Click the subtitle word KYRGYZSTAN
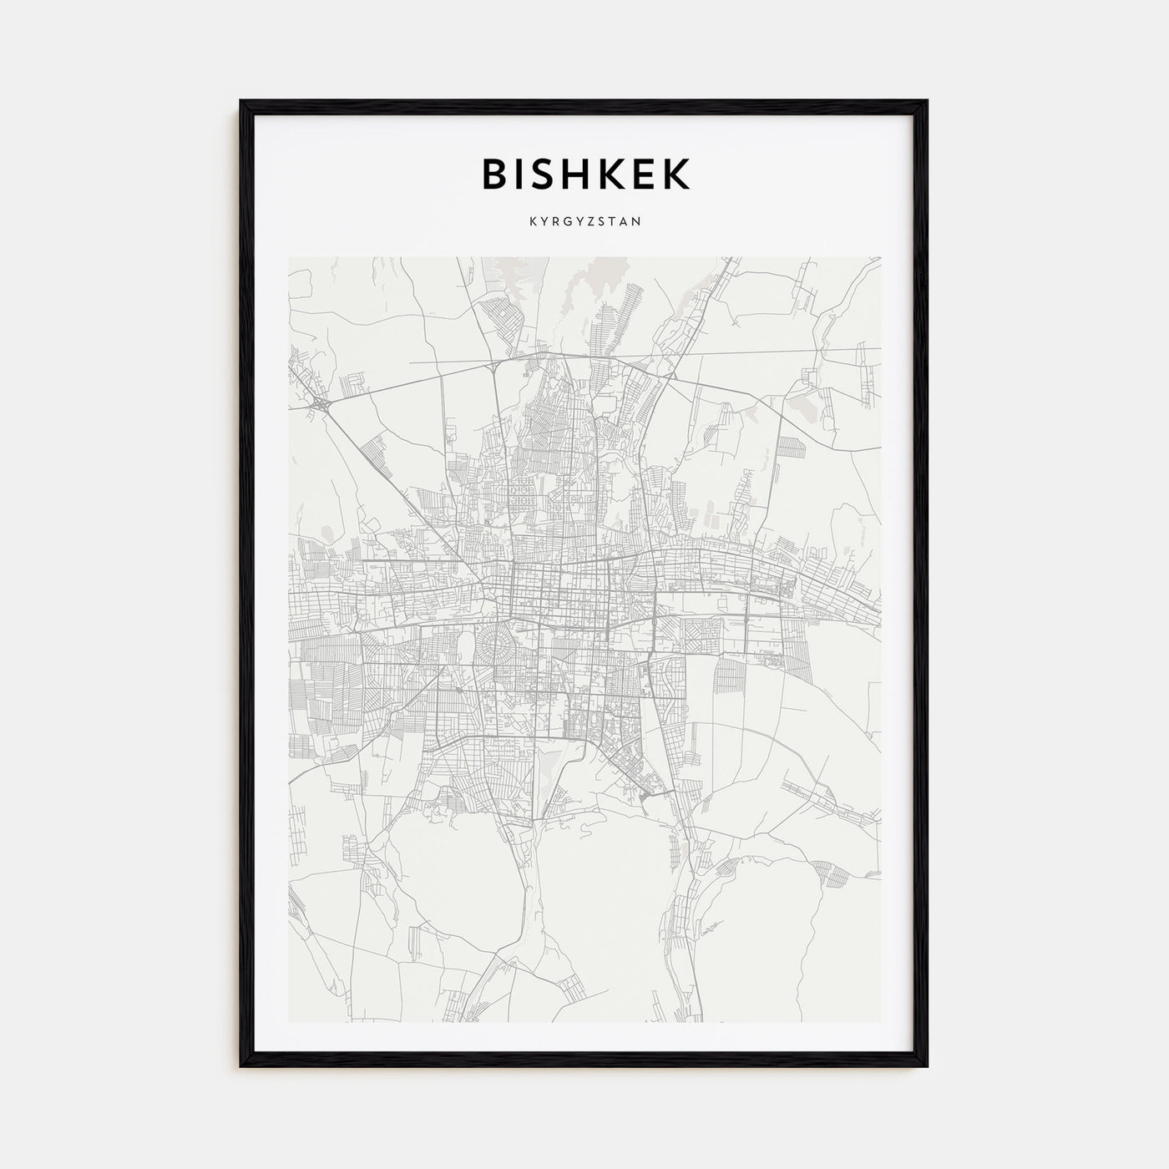[x=584, y=223]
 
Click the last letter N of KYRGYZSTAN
[x=637, y=223]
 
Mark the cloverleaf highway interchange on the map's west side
[x=321, y=403]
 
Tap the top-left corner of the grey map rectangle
[x=290, y=258]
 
